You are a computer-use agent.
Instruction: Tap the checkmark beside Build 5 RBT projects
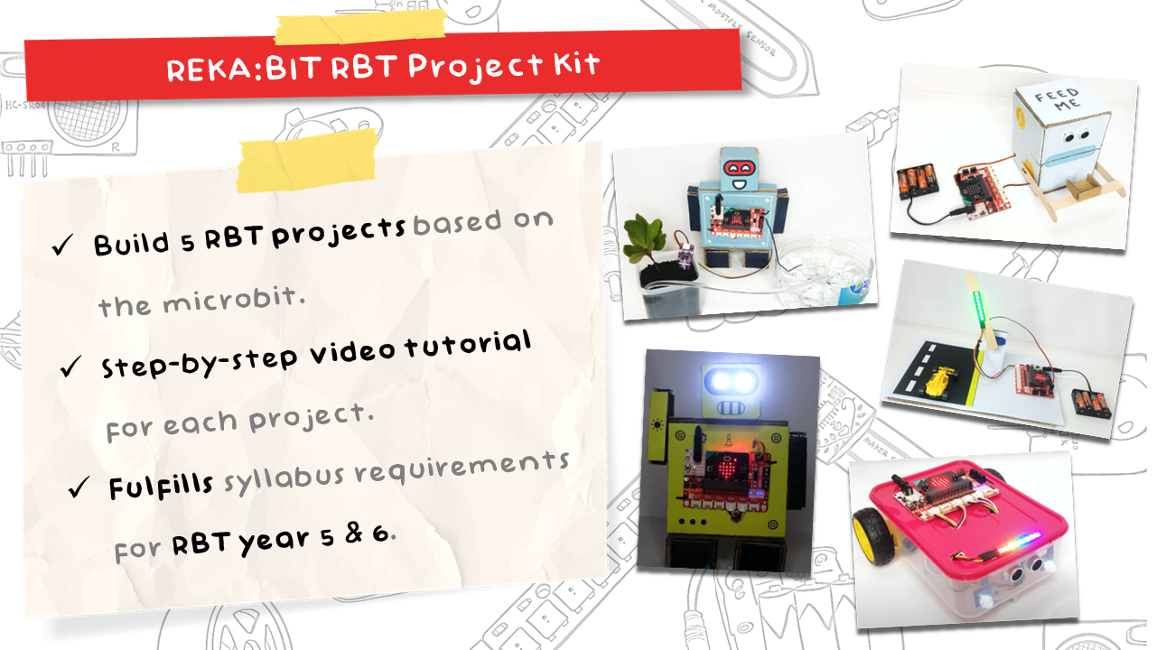[63, 246]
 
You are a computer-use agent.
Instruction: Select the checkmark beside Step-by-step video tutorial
[70, 367]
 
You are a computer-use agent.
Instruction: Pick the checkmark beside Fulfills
[78, 488]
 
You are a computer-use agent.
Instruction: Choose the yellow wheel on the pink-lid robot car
[872, 533]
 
